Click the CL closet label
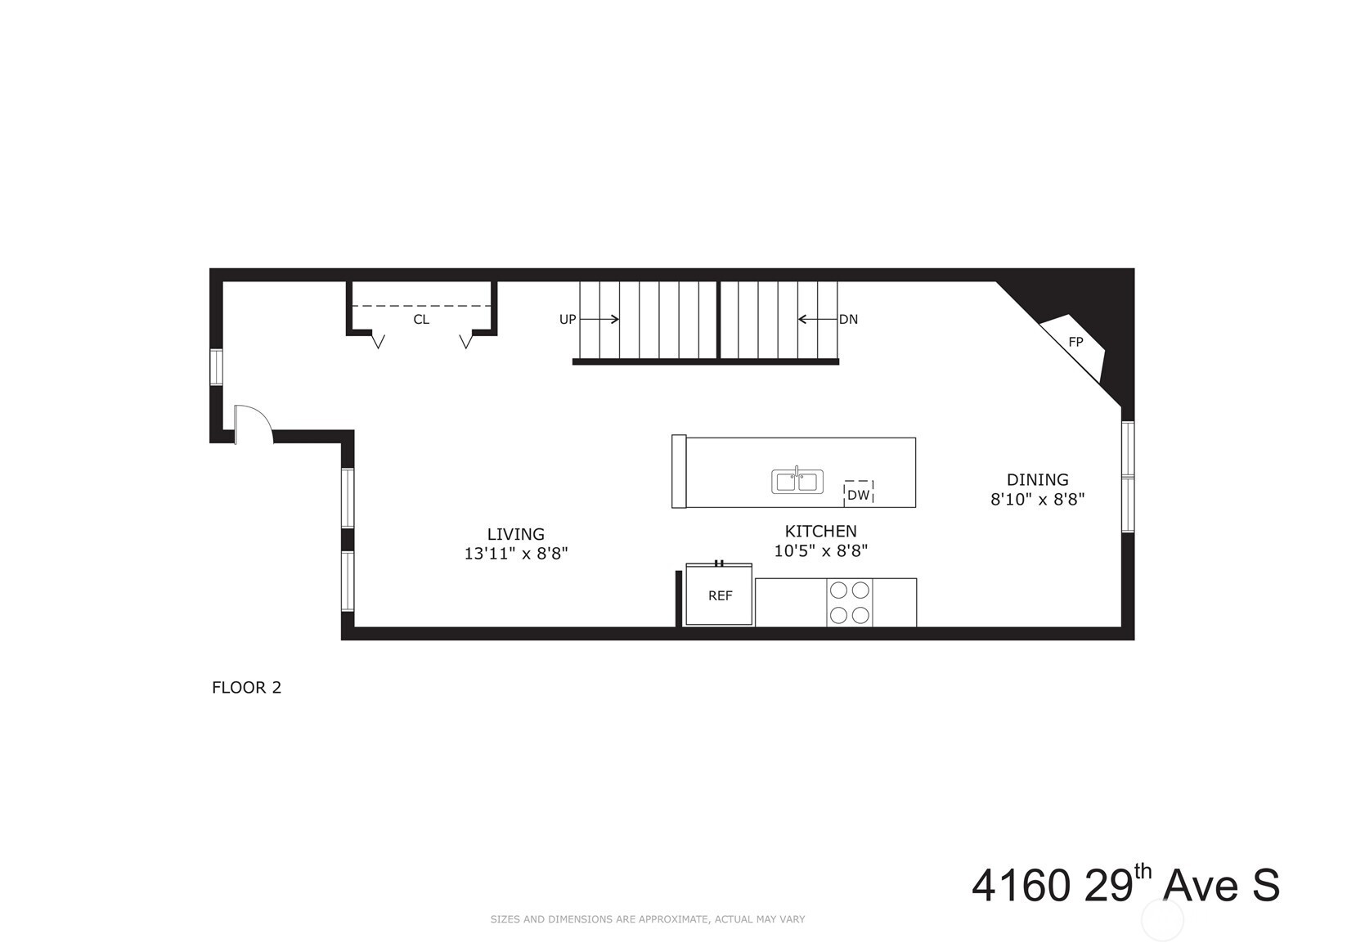(421, 319)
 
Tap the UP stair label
(568, 319)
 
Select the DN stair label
(848, 319)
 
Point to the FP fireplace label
(1075, 342)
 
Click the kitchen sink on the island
(797, 481)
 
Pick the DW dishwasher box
(859, 492)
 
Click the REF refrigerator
(719, 594)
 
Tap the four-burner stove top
(850, 603)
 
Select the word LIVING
(516, 534)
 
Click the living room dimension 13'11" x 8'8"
(516, 553)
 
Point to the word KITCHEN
(821, 531)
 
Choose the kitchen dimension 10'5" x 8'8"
(821, 551)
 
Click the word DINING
(1038, 480)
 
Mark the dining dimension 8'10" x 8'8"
(1038, 499)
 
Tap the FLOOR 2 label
(246, 687)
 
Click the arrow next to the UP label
(599, 319)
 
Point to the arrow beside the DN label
(818, 319)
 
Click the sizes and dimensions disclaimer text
(648, 919)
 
